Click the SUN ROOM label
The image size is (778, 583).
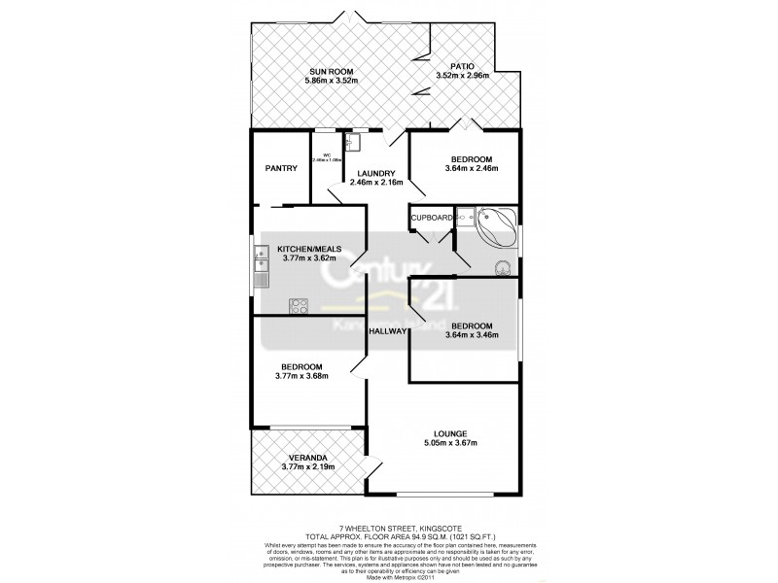pos(331,71)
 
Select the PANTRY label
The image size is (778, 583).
pos(281,168)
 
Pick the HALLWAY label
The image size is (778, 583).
pos(387,332)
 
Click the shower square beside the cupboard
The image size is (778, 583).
pos(466,216)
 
